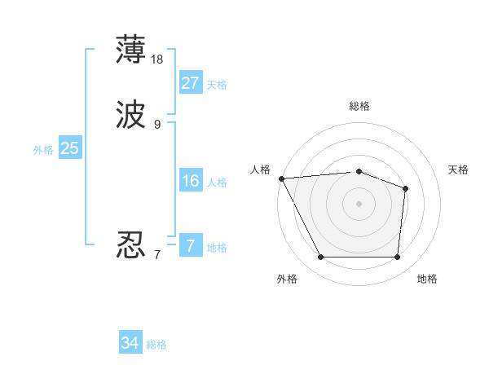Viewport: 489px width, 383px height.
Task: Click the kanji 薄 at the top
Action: [x=131, y=50]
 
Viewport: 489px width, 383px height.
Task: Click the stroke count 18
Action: [x=158, y=59]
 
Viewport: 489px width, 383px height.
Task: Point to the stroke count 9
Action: [x=157, y=125]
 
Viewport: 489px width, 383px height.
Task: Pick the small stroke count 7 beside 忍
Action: [x=156, y=255]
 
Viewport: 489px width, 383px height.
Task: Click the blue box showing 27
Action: [x=191, y=83]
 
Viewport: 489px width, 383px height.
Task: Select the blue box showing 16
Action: [x=190, y=181]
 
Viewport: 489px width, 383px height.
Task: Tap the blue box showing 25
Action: [x=69, y=148]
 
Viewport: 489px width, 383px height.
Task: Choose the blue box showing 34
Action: [x=130, y=343]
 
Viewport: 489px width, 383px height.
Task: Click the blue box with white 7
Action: [x=190, y=245]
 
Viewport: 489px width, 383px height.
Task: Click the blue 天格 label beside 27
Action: [x=217, y=85]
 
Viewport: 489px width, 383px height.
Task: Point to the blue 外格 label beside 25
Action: [x=43, y=150]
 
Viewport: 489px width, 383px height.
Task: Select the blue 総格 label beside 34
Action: [x=156, y=345]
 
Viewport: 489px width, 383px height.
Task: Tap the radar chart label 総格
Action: [x=359, y=106]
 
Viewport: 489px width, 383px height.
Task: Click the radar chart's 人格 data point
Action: [x=281, y=178]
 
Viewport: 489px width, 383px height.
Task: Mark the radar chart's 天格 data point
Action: [x=405, y=189]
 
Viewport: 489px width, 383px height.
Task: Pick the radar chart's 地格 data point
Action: [x=397, y=258]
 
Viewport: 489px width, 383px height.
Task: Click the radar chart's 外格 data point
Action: [x=321, y=258]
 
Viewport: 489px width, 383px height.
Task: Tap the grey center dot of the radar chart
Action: [x=359, y=204]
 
